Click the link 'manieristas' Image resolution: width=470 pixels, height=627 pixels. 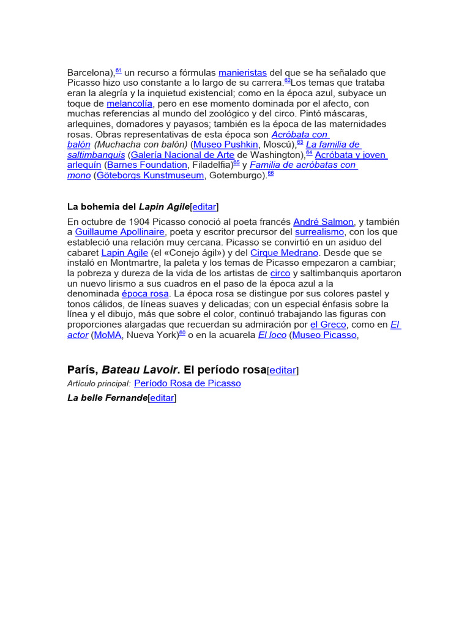point(242,73)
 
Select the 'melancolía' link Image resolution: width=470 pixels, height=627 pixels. point(129,103)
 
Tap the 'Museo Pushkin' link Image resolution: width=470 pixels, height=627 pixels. point(226,145)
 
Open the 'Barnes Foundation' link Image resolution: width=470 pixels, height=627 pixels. point(147,165)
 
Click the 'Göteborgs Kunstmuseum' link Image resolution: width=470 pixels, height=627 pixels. point(150,176)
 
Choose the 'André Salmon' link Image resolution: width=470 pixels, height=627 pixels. point(323,222)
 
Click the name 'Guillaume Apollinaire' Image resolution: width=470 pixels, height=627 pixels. point(120,232)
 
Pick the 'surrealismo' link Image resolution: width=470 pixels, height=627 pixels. point(320,232)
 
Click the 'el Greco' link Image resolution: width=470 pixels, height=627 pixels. point(328,325)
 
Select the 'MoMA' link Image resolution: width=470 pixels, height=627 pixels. point(108,335)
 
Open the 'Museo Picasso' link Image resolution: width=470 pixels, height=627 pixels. point(324,335)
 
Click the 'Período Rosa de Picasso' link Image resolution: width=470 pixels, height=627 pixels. point(187,383)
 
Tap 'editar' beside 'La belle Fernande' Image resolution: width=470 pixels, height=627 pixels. point(162,398)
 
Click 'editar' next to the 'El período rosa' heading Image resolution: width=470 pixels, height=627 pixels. point(283,370)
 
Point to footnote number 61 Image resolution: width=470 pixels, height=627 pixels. point(119,70)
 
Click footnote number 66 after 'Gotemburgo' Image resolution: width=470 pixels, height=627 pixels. point(270,173)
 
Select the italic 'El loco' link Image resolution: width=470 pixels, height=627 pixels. point(272,335)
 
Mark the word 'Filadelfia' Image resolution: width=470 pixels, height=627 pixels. point(211,165)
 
